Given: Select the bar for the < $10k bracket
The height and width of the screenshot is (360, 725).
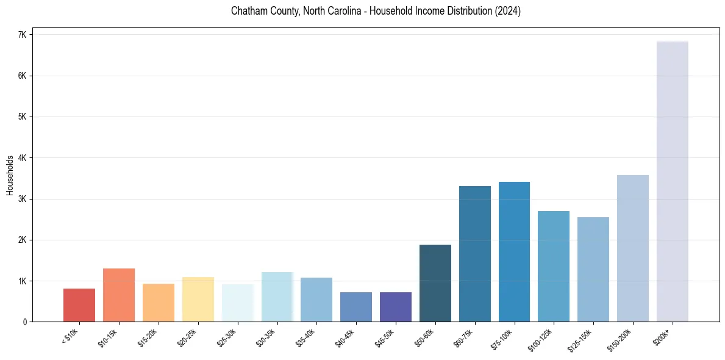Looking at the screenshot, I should (79, 305).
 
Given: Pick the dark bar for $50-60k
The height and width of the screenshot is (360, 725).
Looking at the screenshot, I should (435, 283).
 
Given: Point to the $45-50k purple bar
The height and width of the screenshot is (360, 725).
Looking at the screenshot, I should (396, 307).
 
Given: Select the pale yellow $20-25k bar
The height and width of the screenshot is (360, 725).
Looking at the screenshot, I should (198, 299).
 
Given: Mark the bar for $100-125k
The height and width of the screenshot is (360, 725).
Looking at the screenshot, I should (554, 266).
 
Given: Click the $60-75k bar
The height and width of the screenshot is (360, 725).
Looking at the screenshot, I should (475, 254).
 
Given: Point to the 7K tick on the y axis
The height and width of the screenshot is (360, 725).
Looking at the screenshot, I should (22, 35).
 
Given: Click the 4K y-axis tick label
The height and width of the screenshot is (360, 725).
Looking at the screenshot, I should (22, 158).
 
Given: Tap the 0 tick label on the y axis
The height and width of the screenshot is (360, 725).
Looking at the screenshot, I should (24, 322).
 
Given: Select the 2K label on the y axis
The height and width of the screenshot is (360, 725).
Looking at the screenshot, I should (22, 240).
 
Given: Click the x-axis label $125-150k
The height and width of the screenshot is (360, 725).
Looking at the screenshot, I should (585, 337).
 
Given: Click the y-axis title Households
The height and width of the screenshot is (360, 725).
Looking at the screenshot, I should (10, 175).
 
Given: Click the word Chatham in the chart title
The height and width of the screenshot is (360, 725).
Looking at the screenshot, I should (248, 11).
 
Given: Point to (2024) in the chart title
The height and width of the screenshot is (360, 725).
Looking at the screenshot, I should (507, 11).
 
